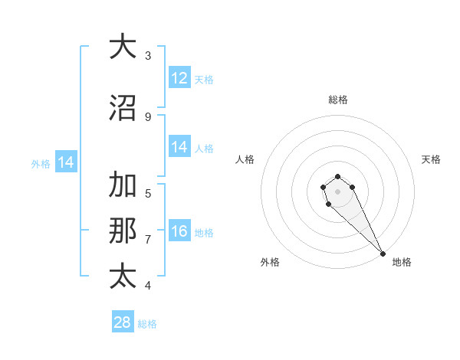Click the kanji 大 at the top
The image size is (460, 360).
point(122,47)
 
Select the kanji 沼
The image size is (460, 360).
point(122,109)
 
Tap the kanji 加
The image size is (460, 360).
point(122,185)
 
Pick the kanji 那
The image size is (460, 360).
point(122,231)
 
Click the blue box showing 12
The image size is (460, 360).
point(179,77)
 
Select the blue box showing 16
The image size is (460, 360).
point(179,232)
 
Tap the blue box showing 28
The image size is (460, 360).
point(123,322)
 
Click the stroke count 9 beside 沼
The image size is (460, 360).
point(147,116)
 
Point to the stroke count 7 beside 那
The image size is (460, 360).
point(147,239)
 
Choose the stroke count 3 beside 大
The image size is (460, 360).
point(147,55)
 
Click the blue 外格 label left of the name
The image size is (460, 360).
point(41,163)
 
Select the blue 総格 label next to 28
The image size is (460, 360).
point(147,324)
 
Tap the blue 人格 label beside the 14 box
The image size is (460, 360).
point(204,149)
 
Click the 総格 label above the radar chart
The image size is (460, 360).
point(338,100)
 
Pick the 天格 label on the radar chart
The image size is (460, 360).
point(431,159)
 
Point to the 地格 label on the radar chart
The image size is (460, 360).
point(402,262)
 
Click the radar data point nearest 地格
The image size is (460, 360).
point(383,253)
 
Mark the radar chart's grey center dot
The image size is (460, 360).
point(337,191)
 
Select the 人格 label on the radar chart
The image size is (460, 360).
point(245,159)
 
